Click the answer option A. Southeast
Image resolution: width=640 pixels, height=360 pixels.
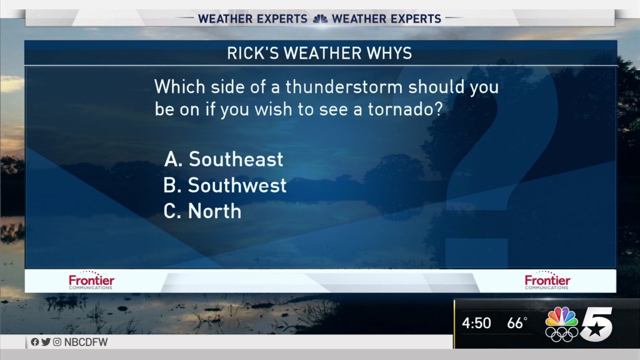tap(224, 159)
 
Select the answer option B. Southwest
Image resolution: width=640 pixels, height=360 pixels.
tap(225, 185)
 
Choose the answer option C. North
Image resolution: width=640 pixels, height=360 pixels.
tap(202, 211)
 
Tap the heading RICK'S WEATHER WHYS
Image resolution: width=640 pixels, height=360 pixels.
tap(319, 53)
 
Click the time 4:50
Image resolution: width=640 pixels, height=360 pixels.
tap(476, 323)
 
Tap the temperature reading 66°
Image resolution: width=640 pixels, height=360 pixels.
tap(517, 323)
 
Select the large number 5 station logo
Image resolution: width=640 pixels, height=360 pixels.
tap(596, 324)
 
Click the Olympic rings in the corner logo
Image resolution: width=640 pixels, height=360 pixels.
tap(562, 334)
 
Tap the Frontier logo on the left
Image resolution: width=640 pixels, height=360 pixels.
tap(91, 281)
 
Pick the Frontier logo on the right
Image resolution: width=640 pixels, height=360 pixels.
tap(547, 281)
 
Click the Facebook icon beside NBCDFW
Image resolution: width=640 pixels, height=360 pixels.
tap(35, 342)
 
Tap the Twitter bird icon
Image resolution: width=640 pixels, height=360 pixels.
tap(46, 342)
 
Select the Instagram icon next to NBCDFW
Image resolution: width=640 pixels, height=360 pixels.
tap(57, 342)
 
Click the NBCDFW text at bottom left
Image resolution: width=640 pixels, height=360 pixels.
tap(86, 342)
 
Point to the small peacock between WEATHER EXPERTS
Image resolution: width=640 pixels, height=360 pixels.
tap(320, 19)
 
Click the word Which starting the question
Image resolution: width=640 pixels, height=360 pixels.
tap(179, 86)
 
